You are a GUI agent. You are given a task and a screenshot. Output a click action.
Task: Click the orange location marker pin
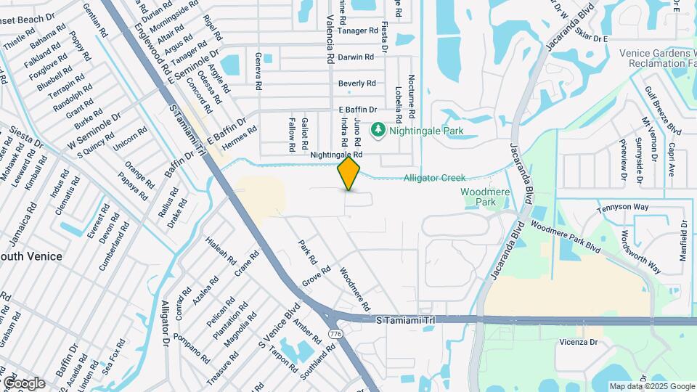tap(349, 173)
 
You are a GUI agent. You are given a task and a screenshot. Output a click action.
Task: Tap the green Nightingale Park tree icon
tap(378, 131)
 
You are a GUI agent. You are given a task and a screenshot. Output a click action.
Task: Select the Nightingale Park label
tap(426, 131)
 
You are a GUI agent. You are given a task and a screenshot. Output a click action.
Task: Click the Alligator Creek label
tap(434, 178)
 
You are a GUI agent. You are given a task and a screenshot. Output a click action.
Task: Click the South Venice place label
tap(30, 256)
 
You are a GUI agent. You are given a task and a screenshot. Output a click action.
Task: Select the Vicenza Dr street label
tap(579, 342)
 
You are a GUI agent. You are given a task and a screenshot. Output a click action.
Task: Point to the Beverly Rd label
tap(356, 83)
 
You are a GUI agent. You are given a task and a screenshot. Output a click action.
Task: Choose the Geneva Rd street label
tap(258, 70)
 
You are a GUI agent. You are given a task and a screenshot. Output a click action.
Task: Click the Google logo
tap(24, 383)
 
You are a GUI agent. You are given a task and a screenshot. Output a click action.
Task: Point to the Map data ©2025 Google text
tap(651, 386)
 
